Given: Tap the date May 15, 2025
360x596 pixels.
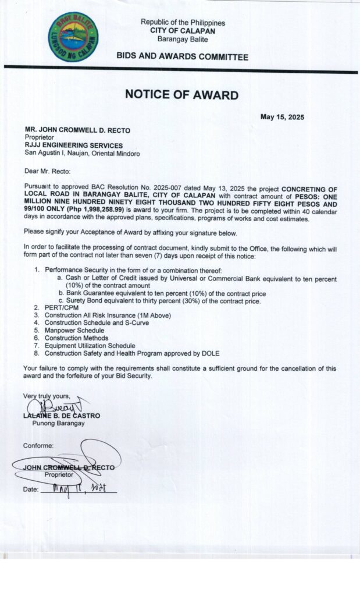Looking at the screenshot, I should [282, 117].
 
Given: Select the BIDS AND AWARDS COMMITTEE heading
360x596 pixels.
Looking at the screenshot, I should [183, 57].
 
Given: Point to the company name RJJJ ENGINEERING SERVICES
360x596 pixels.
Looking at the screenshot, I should [73, 145].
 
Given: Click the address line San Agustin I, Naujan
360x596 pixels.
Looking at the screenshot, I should [82, 153].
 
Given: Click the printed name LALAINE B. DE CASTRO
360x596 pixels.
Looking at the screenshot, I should [62, 415].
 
